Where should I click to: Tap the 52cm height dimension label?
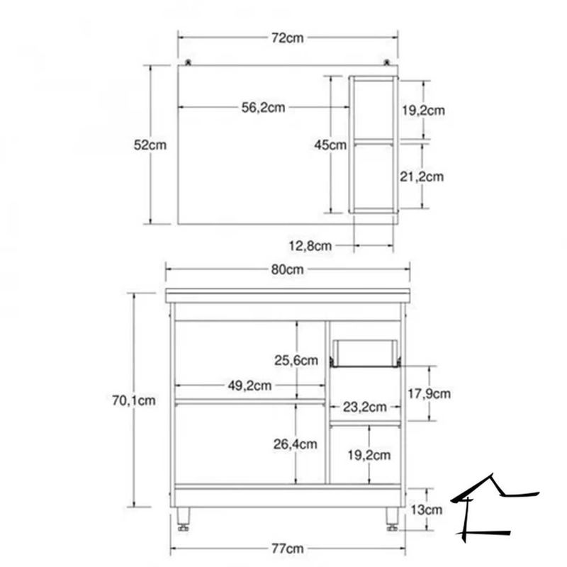(150, 145)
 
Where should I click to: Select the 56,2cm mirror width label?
(263, 108)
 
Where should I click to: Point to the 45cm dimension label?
(330, 145)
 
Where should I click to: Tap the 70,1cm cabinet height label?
(133, 400)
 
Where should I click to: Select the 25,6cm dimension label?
(296, 361)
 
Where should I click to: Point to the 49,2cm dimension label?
(249, 386)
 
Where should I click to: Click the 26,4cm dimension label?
(296, 444)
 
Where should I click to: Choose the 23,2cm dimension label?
(364, 407)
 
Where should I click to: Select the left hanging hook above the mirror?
(189, 63)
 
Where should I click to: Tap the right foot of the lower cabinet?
(392, 518)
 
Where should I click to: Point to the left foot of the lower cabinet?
(184, 518)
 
